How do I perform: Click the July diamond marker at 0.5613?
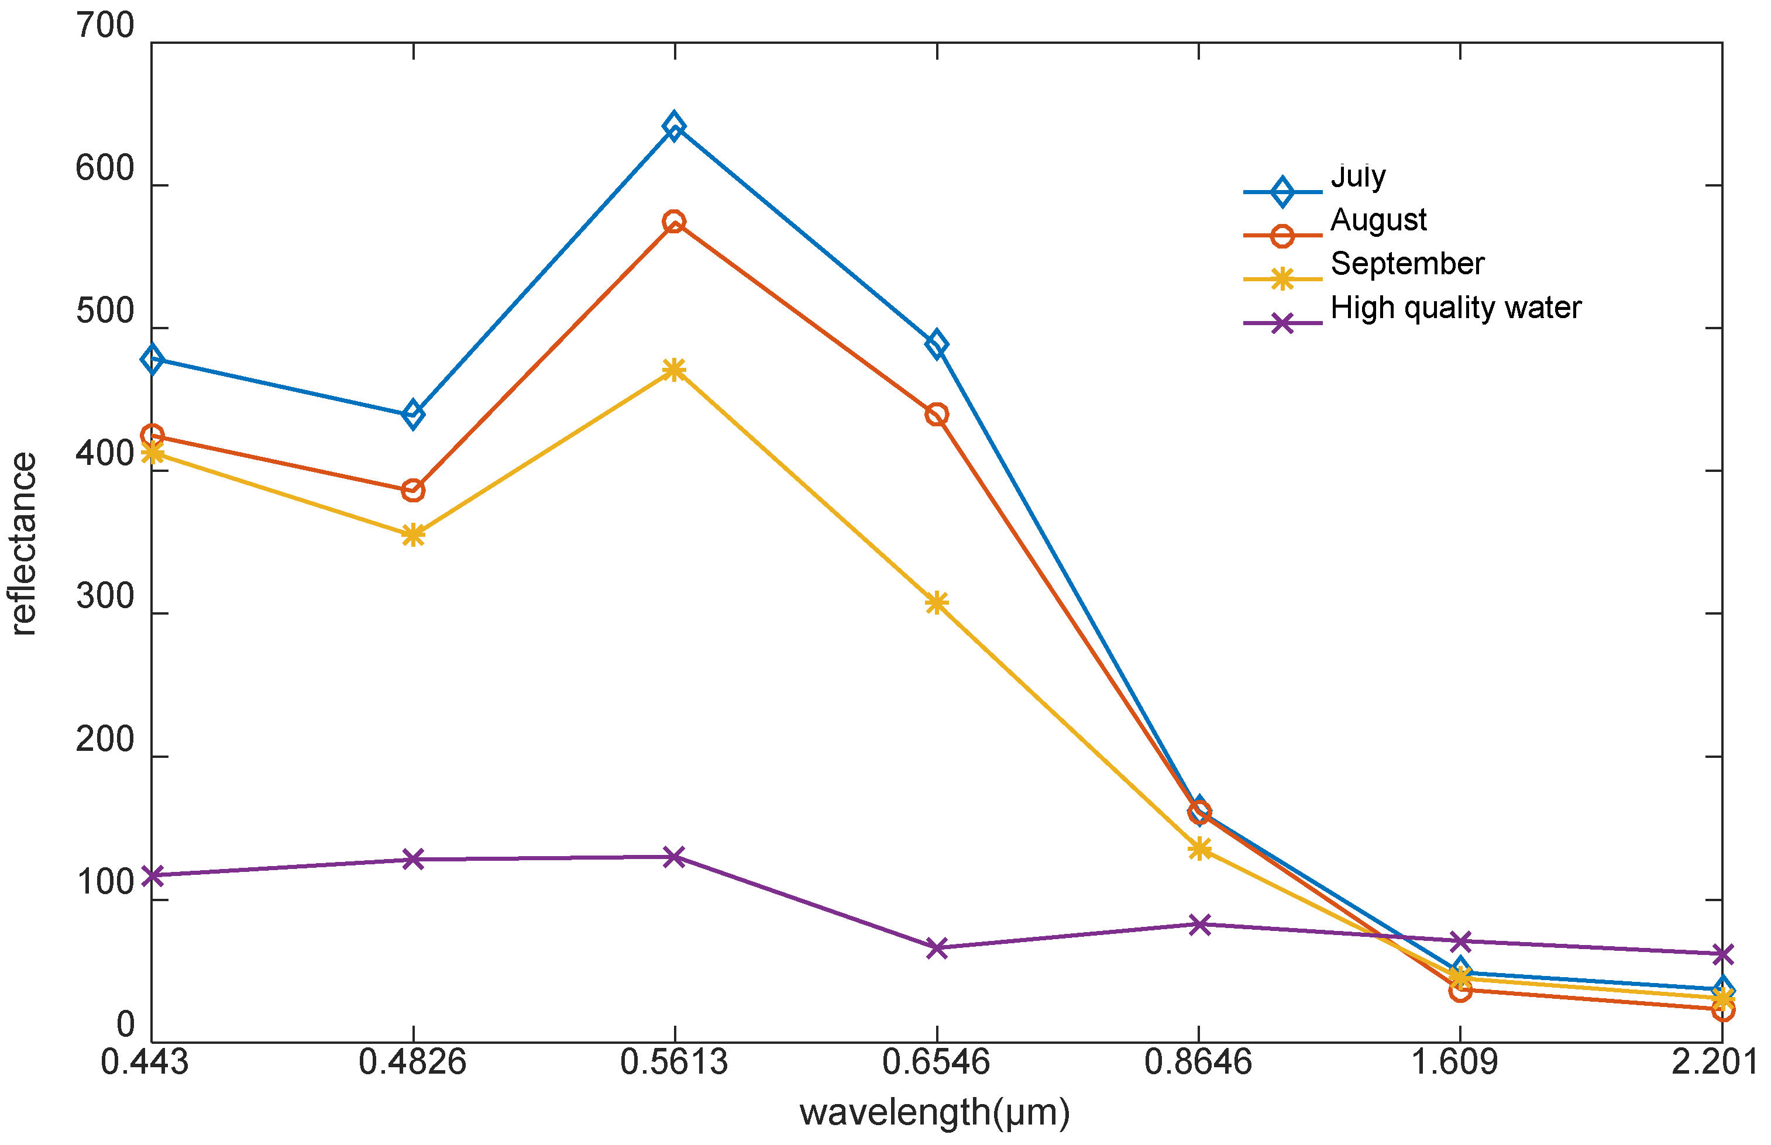pos(674,126)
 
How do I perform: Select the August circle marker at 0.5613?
pos(674,222)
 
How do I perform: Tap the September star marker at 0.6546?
pos(937,602)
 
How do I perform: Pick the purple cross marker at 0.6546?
pos(937,948)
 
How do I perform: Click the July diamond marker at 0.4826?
pos(413,414)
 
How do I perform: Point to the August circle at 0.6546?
pos(937,414)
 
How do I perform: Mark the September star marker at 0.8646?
pos(1199,849)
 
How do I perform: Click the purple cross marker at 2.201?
pos(1722,954)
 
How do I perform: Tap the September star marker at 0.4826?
pos(413,534)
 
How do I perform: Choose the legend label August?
pos(1378,220)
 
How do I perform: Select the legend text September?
pos(1407,264)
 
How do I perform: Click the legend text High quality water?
pos(1456,308)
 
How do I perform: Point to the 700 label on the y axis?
pos(105,27)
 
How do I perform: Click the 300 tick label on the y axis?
pos(105,598)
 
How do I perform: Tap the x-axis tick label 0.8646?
pos(1198,1063)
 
